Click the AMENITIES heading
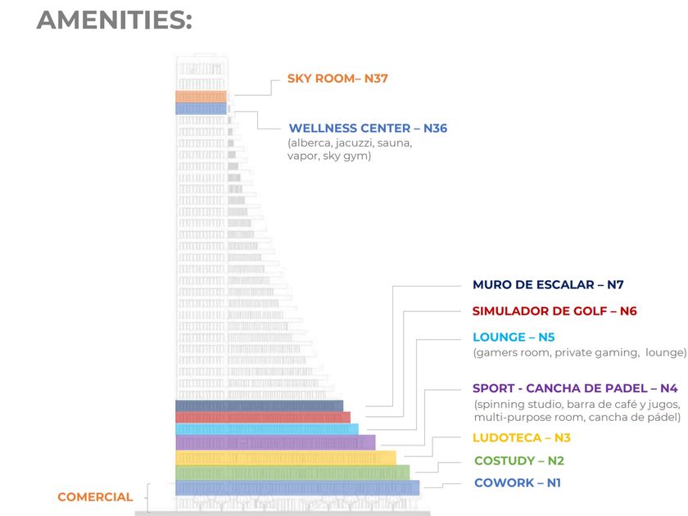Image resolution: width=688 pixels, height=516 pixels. [114, 20]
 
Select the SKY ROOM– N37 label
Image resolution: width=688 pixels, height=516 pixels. [337, 79]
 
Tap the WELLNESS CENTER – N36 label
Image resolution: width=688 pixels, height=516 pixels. [368, 129]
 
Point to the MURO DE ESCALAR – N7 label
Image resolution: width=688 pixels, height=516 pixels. [548, 285]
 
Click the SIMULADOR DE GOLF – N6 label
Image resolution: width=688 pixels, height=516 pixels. [554, 311]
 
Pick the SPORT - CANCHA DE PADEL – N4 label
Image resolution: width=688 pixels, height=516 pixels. [575, 388]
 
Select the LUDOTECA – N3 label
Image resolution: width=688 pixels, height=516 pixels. [521, 438]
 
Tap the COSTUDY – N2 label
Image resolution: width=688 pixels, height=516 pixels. [518, 461]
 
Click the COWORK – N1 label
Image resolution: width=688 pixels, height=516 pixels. [518, 483]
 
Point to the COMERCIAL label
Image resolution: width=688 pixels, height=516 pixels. [95, 497]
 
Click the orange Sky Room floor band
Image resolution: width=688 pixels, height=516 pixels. [201, 97]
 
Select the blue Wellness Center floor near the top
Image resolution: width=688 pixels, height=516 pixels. [201, 108]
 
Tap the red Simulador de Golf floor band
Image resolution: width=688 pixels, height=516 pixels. [262, 417]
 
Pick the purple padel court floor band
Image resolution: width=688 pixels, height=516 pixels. [274, 442]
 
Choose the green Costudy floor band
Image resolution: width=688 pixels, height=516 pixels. [292, 473]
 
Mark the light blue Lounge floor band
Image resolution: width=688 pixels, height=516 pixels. [266, 428]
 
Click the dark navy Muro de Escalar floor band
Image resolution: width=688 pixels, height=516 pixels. [259, 405]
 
